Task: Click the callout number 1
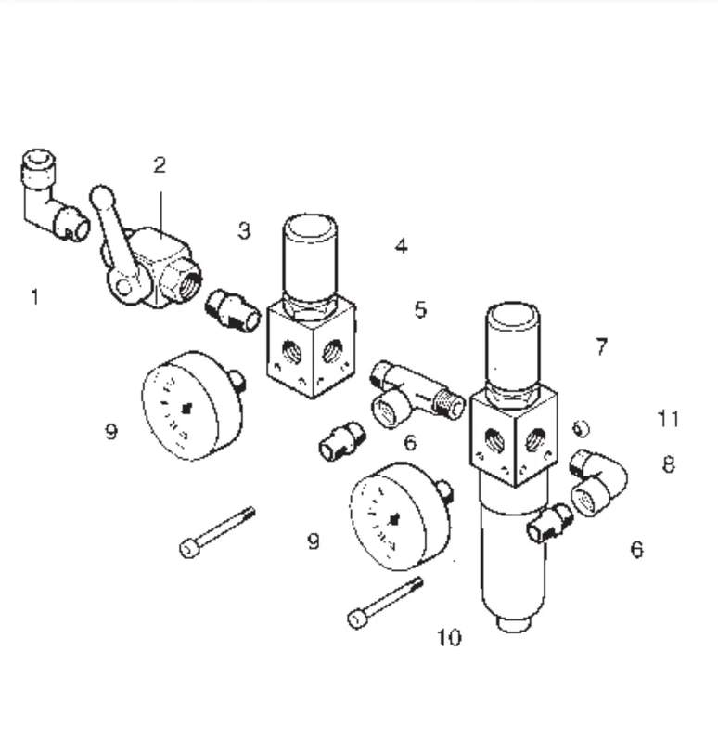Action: (x=34, y=297)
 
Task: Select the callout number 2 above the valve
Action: (x=160, y=165)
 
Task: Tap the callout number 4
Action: (x=401, y=246)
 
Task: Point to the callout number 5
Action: (x=421, y=310)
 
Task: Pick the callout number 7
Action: (x=601, y=346)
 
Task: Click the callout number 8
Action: (x=668, y=464)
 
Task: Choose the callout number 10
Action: (x=449, y=637)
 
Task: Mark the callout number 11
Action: (x=668, y=419)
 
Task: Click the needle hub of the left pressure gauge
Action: (x=186, y=408)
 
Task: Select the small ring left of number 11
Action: (x=582, y=428)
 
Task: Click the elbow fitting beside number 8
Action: (x=598, y=482)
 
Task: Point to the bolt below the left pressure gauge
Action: (x=218, y=532)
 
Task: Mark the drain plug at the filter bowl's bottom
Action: (x=515, y=624)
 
